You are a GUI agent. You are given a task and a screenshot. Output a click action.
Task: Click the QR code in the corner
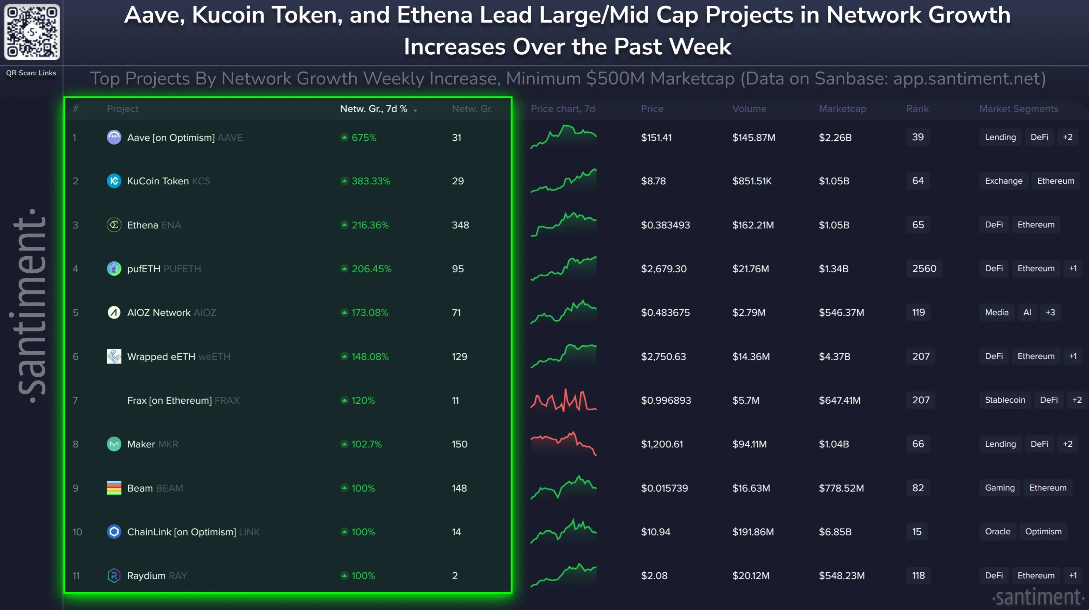pyautogui.click(x=32, y=32)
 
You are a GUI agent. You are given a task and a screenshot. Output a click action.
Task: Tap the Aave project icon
pyautogui.click(x=114, y=138)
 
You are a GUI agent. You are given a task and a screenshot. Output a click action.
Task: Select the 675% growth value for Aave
pyautogui.click(x=364, y=138)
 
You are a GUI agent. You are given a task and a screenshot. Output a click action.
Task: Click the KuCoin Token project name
pyautogui.click(x=158, y=181)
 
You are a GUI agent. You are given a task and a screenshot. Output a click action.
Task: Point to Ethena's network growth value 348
pyautogui.click(x=460, y=225)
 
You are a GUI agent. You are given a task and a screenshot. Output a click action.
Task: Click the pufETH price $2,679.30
pyautogui.click(x=663, y=269)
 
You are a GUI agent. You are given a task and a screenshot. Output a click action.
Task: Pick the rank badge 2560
pyautogui.click(x=924, y=269)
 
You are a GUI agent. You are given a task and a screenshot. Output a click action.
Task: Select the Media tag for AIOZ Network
pyautogui.click(x=996, y=312)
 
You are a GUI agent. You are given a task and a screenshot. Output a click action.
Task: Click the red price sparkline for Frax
pyautogui.click(x=563, y=400)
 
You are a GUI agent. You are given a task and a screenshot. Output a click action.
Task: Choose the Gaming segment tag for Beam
pyautogui.click(x=999, y=488)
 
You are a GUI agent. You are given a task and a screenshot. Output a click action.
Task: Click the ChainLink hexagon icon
pyautogui.click(x=114, y=531)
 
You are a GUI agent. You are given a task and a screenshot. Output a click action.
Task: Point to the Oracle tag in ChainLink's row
pyautogui.click(x=997, y=531)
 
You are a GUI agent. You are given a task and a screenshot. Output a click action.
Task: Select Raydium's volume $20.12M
pyautogui.click(x=750, y=576)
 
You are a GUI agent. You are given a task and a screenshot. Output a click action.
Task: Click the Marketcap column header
pyautogui.click(x=842, y=109)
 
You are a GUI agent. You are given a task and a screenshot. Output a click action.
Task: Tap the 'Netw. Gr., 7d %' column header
pyautogui.click(x=374, y=109)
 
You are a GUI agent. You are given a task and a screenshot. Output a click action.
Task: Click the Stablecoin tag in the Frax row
pyautogui.click(x=1004, y=400)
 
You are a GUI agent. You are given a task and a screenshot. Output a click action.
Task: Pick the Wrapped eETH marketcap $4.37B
pyautogui.click(x=834, y=356)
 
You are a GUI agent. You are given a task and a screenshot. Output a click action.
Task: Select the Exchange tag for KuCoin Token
pyautogui.click(x=1003, y=181)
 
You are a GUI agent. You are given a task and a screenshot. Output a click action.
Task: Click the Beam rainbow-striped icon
pyautogui.click(x=114, y=488)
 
